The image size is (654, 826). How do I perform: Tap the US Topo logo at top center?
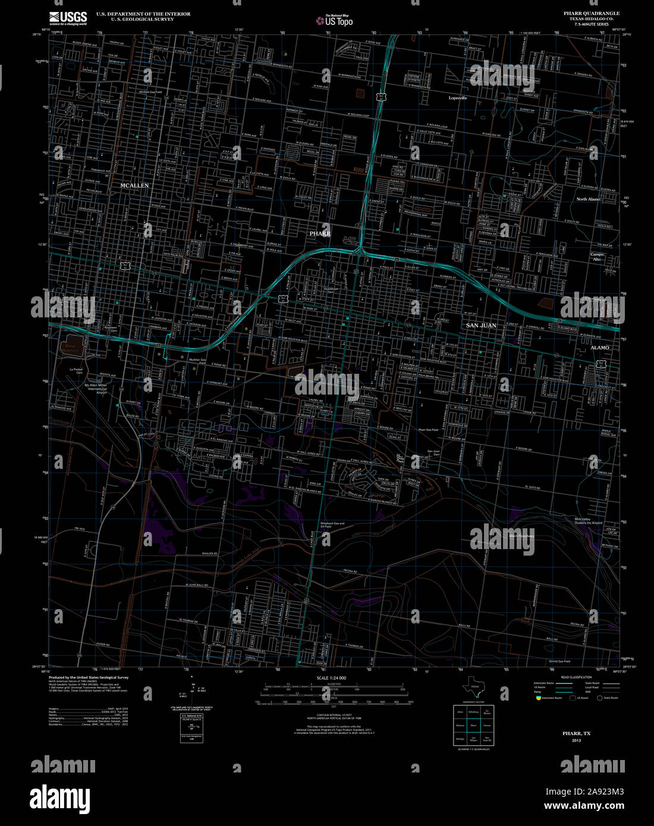pos(334,21)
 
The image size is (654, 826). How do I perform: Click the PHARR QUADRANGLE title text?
pos(591,13)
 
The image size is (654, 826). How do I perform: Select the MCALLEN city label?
pos(134,186)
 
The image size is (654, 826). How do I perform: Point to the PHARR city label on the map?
pos(320,234)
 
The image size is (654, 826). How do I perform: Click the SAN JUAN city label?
pos(481,326)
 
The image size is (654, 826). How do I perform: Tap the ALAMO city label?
pos(599,348)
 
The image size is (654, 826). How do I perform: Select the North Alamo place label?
pos(588,199)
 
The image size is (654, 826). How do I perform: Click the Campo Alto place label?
pos(597,257)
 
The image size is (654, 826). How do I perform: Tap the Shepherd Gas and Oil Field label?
pos(332,525)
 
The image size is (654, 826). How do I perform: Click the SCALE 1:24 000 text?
pos(331,678)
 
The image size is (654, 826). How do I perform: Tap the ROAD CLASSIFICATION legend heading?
pos(576,677)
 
